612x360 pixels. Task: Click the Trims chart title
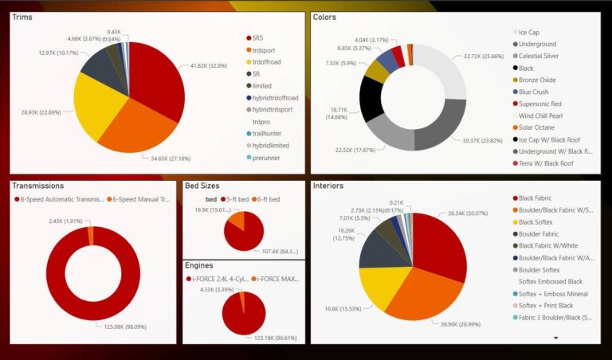22,17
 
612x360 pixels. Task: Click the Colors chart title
325,17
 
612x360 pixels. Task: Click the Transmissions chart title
37,186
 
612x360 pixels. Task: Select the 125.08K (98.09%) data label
126,326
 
